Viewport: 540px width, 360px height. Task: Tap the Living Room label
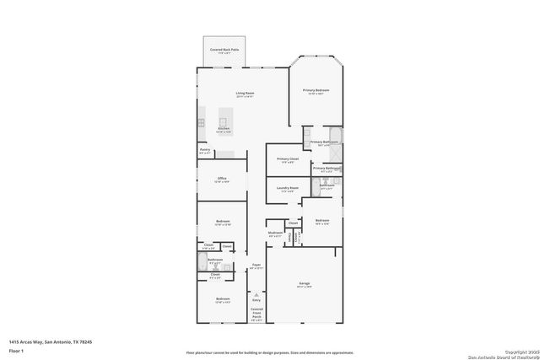[245, 94]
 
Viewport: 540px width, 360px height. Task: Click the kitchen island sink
[224, 121]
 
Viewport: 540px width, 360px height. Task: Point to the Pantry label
[205, 151]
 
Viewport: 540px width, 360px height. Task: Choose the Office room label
[222, 180]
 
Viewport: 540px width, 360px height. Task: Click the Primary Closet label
[288, 160]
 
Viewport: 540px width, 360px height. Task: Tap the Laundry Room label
[288, 189]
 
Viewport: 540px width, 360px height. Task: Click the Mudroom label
[275, 234]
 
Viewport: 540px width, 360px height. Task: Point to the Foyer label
[256, 266]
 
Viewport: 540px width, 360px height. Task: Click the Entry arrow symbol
[256, 294]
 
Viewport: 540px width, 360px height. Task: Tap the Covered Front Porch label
[256, 314]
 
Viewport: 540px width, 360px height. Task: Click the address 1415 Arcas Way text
[50, 341]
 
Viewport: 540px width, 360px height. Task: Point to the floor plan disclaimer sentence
[270, 352]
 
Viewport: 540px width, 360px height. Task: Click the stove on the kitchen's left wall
[201, 121]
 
